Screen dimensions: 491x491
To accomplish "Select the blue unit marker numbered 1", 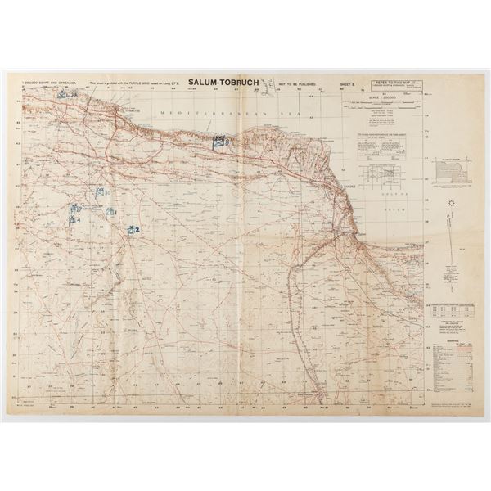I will [x=110, y=212].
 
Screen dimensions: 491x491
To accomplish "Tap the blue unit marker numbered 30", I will [x=99, y=191].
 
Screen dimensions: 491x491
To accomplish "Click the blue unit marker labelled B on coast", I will [x=219, y=142].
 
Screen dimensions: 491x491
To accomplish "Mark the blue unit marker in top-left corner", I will [x=66, y=93].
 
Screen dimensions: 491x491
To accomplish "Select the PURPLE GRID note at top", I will [x=135, y=84].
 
